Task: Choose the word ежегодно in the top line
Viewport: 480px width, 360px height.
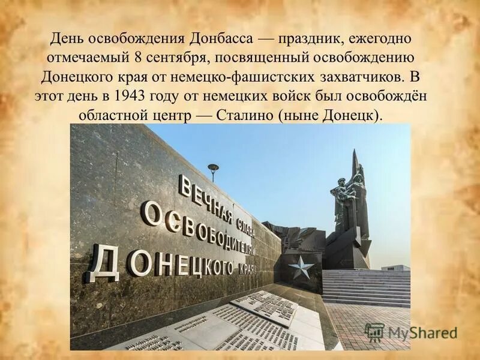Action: (385, 40)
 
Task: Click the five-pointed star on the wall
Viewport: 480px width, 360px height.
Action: (301, 266)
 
